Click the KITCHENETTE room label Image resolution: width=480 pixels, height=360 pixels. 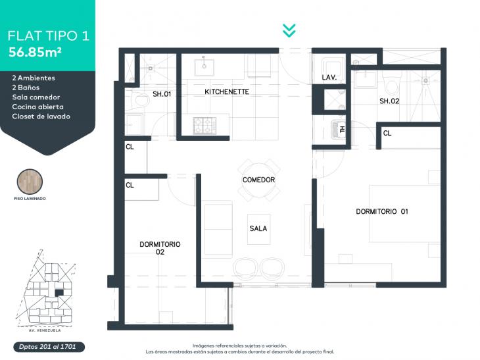[227, 91]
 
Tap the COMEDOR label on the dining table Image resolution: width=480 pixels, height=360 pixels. [258, 180]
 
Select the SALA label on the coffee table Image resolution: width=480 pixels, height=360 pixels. [258, 228]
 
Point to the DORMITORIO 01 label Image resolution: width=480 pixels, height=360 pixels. [382, 211]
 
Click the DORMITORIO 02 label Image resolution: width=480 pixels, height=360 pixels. [160, 248]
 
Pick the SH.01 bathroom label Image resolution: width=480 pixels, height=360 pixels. [162, 94]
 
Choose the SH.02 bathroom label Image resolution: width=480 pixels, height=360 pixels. [389, 101]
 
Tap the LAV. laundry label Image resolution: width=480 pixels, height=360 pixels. [329, 78]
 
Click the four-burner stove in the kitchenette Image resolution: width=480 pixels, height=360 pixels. [204, 125]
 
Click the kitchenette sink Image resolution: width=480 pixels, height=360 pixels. [204, 66]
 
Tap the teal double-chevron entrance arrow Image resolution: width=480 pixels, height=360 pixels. [289, 31]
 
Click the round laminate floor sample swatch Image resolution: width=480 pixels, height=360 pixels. [30, 182]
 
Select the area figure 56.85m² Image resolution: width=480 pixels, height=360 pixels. [35, 52]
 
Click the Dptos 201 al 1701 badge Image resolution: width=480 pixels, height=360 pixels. [49, 347]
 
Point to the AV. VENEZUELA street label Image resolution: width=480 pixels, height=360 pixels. [45, 330]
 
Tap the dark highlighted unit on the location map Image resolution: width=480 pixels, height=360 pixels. [59, 293]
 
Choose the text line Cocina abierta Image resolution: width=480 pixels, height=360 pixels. [38, 107]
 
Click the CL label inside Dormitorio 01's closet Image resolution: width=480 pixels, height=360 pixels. [387, 133]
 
